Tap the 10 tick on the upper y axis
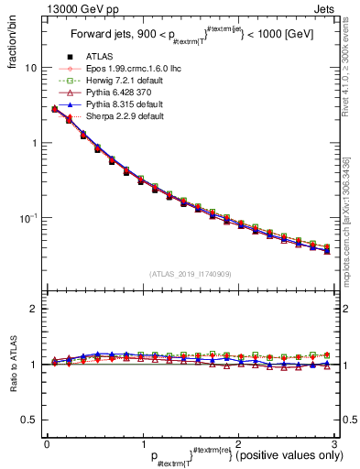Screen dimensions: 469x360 click(31, 69)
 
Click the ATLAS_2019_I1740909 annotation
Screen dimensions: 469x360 click(191, 273)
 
